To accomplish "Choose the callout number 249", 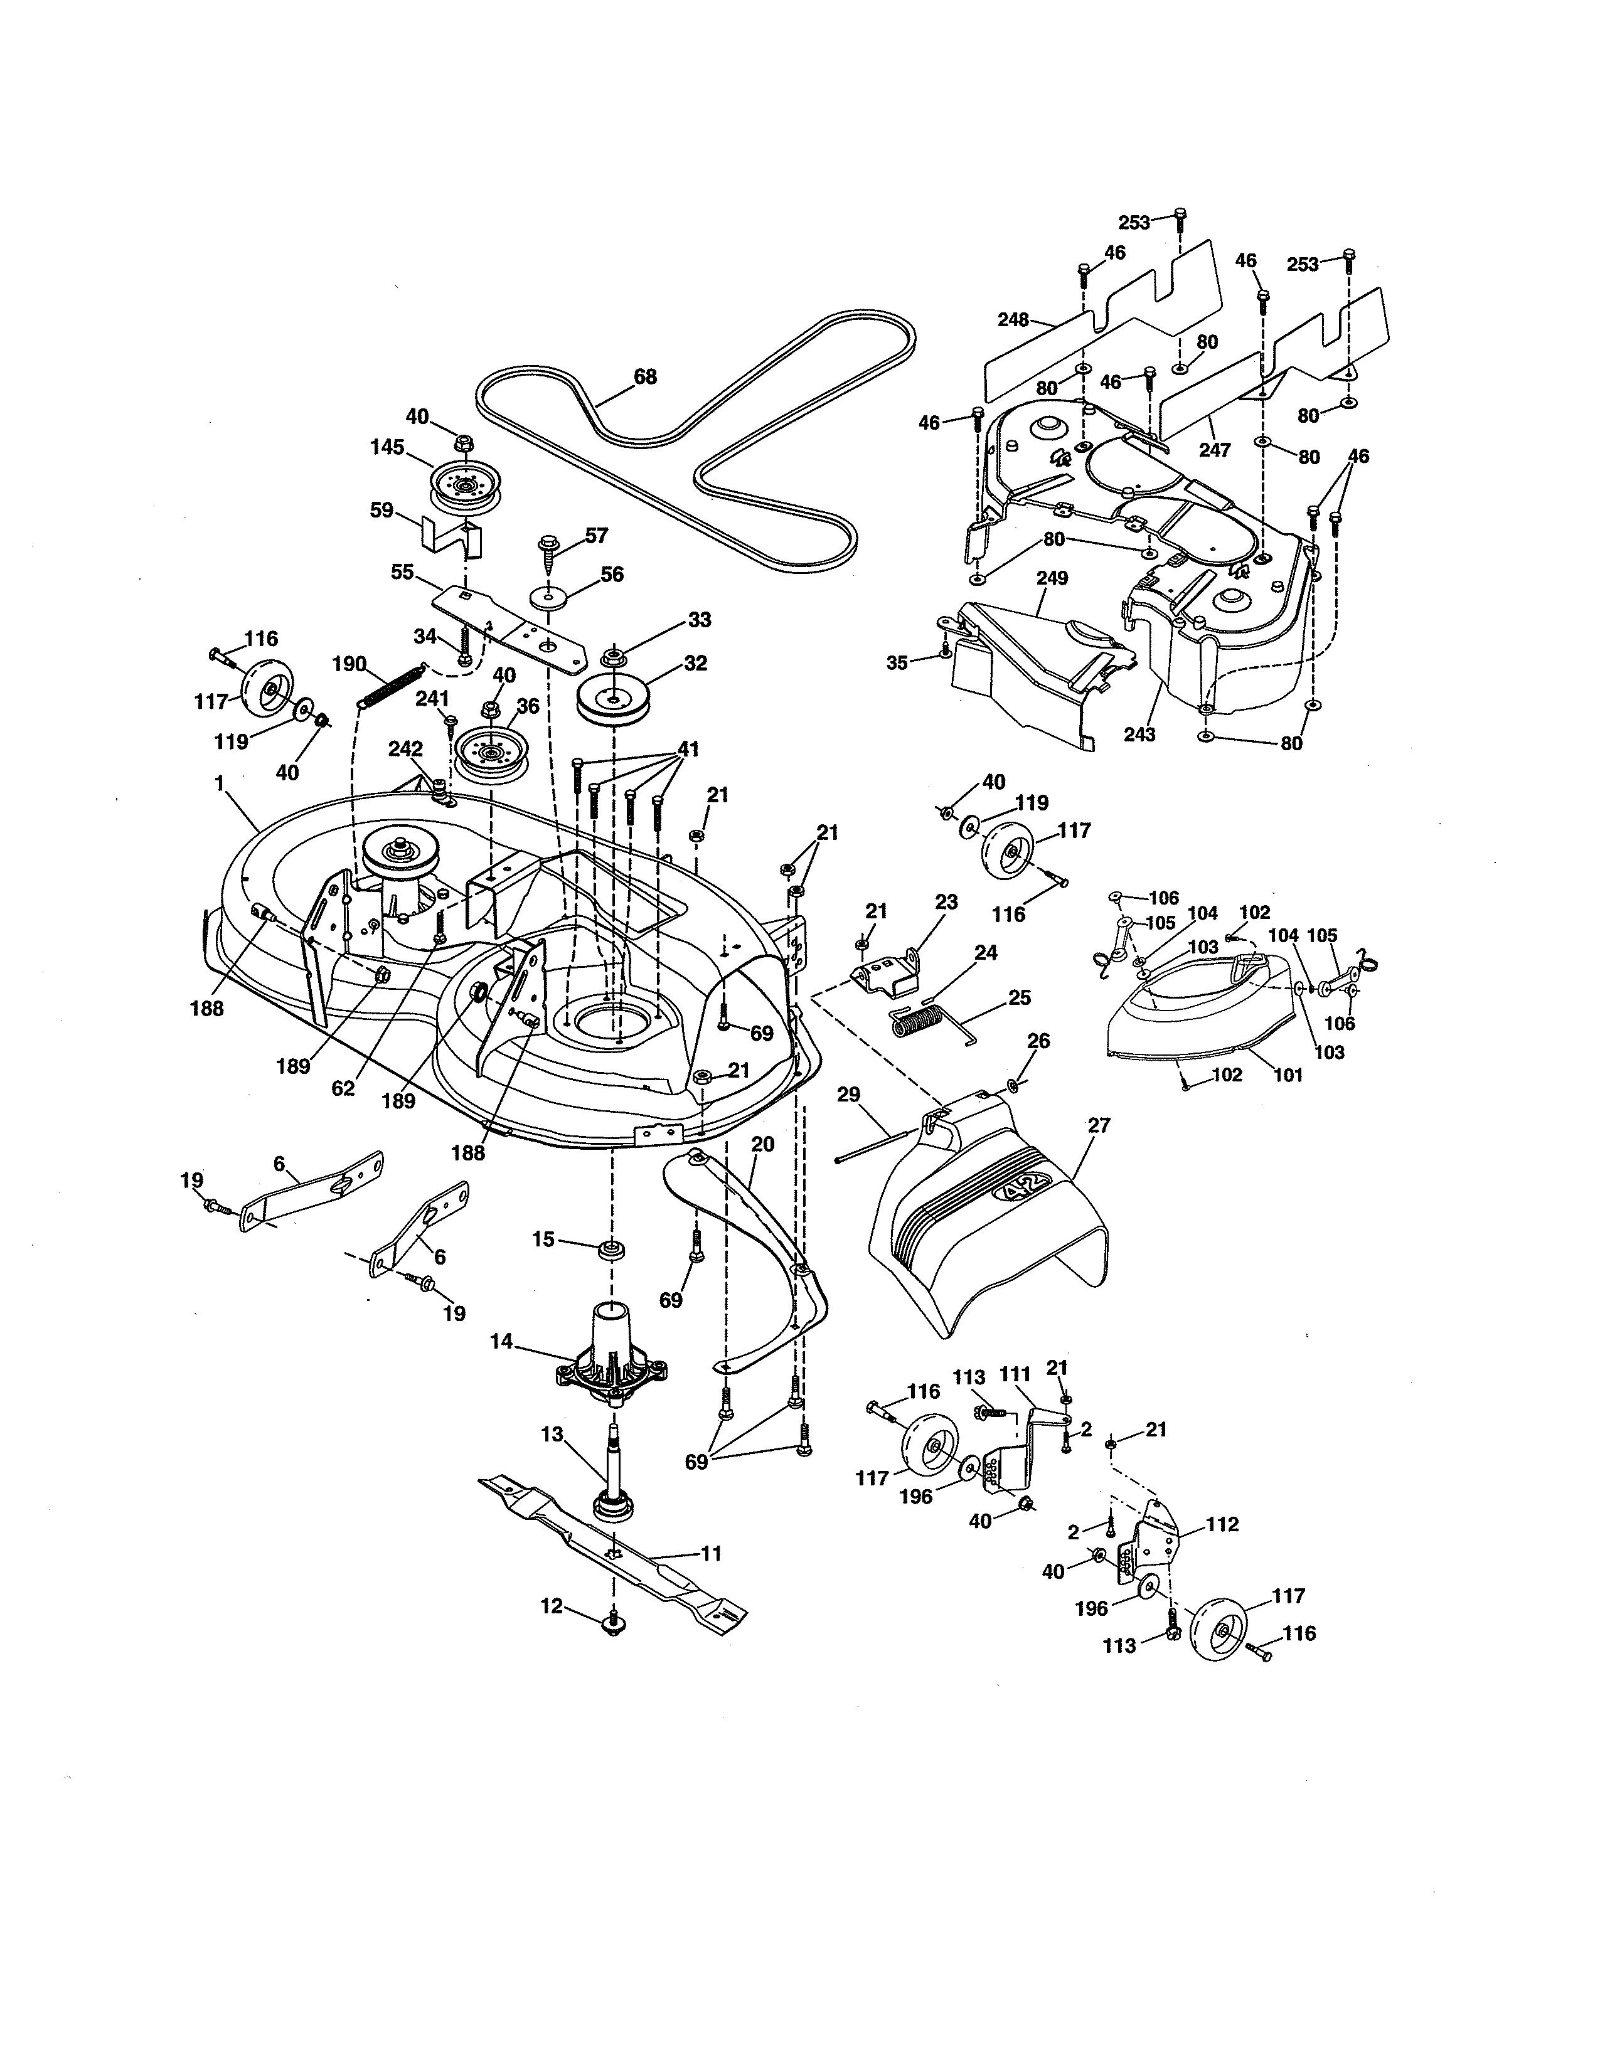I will tap(1052, 578).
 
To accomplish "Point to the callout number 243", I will tap(1139, 734).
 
